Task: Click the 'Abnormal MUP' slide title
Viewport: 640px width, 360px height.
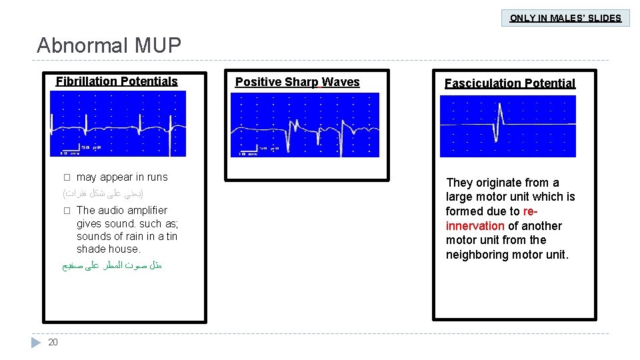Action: click(109, 45)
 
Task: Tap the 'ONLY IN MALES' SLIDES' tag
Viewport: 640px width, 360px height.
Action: click(565, 18)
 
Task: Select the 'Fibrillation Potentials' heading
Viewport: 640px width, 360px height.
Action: click(117, 81)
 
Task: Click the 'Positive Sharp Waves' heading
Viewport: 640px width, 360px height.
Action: click(297, 82)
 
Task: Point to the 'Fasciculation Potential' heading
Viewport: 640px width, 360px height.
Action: click(510, 83)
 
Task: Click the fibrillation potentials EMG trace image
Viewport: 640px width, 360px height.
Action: click(118, 123)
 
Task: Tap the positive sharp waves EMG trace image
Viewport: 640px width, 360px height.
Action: click(305, 125)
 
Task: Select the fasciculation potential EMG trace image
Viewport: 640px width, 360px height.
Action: click(507, 126)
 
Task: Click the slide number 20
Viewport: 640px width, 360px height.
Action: click(53, 342)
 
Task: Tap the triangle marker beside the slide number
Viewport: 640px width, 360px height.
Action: click(36, 342)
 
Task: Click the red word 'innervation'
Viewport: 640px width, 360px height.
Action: click(475, 226)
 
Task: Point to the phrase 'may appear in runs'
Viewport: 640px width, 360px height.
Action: click(122, 177)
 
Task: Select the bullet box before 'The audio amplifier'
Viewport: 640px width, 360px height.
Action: click(66, 211)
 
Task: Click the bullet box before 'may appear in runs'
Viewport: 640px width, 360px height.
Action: click(66, 177)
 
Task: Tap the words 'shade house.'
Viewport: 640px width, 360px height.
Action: click(109, 249)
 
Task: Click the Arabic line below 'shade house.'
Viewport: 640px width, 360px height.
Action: click(112, 265)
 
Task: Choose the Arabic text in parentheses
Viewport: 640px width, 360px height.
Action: click(103, 193)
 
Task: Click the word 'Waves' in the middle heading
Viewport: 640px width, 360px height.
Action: click(341, 82)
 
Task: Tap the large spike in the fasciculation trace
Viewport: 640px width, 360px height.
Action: click(498, 120)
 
